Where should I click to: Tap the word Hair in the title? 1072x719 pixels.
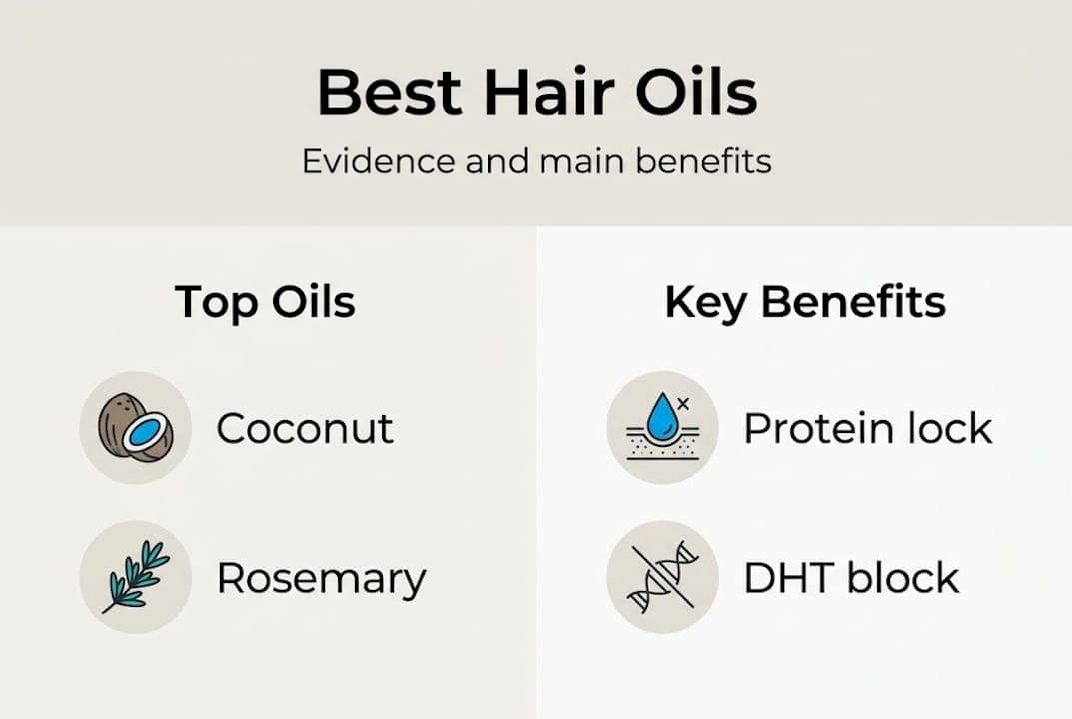pyautogui.click(x=524, y=94)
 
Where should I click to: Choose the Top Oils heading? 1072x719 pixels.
pyautogui.click(x=265, y=301)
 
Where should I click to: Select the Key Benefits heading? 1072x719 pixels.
pyautogui.click(x=805, y=302)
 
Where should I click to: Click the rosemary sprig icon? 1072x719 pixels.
pyautogui.click(x=135, y=576)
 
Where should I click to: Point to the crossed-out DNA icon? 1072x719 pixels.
pyautogui.click(x=662, y=576)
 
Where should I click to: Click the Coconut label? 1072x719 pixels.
pyautogui.click(x=305, y=429)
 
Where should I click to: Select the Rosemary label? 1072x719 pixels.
pyautogui.click(x=321, y=578)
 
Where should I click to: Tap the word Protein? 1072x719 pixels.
pyautogui.click(x=809, y=429)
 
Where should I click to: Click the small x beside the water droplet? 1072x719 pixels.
pyautogui.click(x=683, y=403)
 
